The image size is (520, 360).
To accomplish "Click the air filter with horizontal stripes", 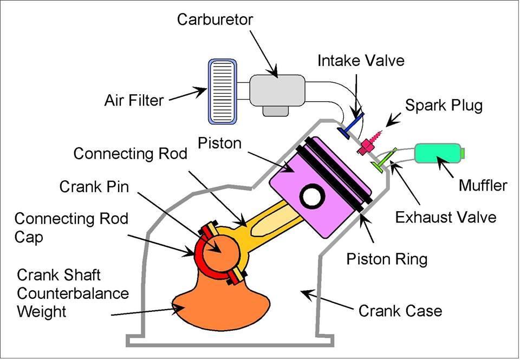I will (223, 90).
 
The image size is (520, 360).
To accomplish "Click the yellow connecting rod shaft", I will (271, 220).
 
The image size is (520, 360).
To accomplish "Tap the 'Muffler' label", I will (483, 186).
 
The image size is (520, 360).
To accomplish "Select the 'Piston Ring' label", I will (387, 259).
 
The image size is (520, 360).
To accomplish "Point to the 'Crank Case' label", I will (400, 311).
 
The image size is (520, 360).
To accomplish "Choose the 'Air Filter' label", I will (134, 100).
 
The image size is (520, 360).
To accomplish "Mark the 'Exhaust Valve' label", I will (446, 217).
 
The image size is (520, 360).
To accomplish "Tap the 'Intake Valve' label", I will (361, 60).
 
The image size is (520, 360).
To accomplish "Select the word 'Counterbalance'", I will (73, 293).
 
